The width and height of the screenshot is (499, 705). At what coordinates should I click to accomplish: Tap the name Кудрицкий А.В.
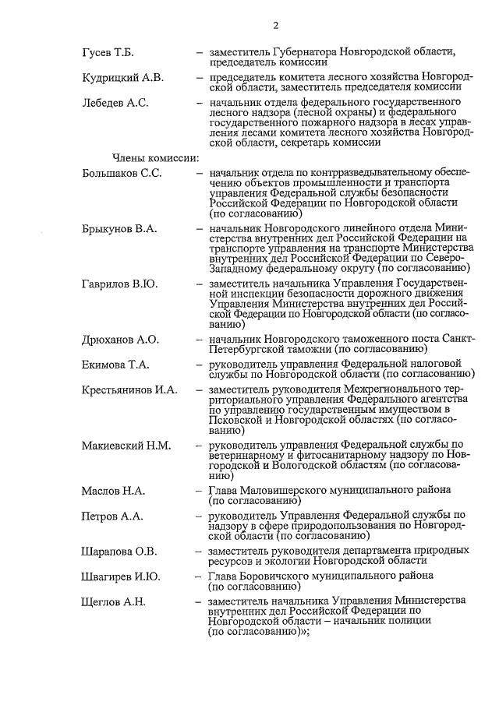[x=122, y=77]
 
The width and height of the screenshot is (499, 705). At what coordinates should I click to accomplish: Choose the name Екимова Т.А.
[x=115, y=365]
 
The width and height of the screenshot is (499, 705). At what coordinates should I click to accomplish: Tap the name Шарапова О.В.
[x=119, y=552]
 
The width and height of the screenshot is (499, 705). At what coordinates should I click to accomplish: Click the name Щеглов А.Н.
[x=113, y=602]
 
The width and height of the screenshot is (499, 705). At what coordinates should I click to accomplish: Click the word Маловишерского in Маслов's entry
[x=285, y=491]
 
